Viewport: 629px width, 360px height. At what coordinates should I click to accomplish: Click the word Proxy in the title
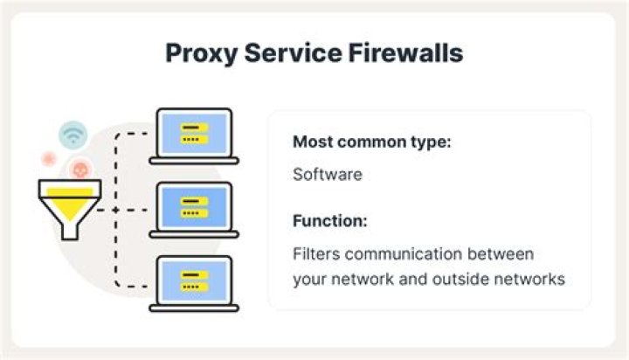[x=201, y=54]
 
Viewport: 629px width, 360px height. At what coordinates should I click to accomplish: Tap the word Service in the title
[x=293, y=52]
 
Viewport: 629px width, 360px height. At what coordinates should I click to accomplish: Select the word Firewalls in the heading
[x=405, y=52]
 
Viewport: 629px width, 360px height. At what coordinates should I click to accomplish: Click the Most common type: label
[x=372, y=142]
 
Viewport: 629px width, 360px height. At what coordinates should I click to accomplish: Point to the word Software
[x=328, y=175]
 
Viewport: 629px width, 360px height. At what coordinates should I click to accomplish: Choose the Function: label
[x=330, y=221]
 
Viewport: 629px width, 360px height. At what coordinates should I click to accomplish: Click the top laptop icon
[x=194, y=136]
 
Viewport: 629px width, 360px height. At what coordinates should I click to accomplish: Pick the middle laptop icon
[x=194, y=210]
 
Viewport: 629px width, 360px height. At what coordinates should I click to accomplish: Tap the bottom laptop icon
[x=194, y=284]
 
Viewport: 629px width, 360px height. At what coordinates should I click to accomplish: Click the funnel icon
[x=70, y=210]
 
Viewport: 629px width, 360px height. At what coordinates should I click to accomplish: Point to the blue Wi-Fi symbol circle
[x=73, y=135]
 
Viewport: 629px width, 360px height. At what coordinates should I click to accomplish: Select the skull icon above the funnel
[x=79, y=169]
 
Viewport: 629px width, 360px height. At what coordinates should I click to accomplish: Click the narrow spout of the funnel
[x=70, y=231]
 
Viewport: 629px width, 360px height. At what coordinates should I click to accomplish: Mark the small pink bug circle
[x=49, y=159]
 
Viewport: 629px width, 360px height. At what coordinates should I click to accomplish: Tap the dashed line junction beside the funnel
[x=115, y=210]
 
